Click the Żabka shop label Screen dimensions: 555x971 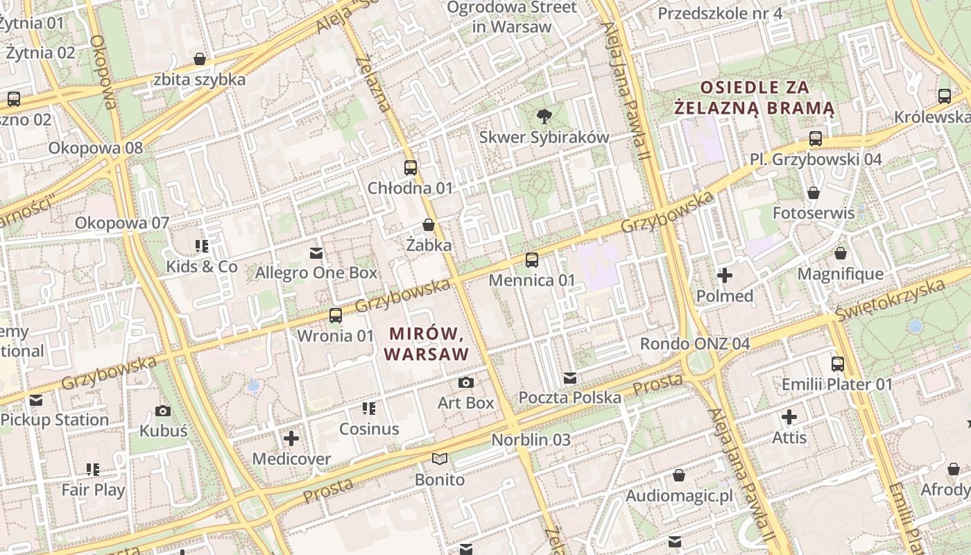[x=429, y=245]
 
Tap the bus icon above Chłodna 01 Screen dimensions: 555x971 [x=411, y=168]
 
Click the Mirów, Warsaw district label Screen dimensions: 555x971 [x=426, y=343]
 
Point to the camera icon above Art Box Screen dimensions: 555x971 [x=466, y=382]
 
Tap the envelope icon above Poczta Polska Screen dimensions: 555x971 [x=570, y=378]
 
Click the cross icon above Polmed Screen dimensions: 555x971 [x=725, y=276]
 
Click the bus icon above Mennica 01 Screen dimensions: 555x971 [x=532, y=260]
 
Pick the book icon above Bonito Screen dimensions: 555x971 [x=440, y=459]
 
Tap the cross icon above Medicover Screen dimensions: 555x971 [x=291, y=438]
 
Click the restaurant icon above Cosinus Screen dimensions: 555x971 [x=369, y=409]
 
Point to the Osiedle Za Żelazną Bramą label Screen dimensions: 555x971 [x=755, y=98]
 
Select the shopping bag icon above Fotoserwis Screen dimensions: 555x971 [x=814, y=193]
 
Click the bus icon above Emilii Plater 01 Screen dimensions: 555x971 [x=838, y=364]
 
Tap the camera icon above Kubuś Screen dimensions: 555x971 [x=163, y=411]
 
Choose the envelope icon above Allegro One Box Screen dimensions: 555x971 [x=316, y=253]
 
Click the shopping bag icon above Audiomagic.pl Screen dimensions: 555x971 [x=679, y=476]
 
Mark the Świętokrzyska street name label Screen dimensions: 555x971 [x=890, y=299]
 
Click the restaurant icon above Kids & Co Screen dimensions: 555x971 [x=202, y=246]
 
